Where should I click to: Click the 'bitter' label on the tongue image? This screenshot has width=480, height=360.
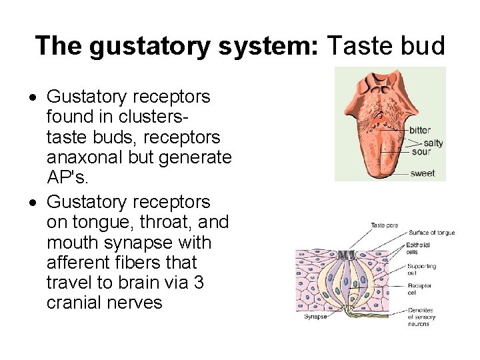(x=420, y=130)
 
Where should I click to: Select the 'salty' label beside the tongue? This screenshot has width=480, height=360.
(x=433, y=143)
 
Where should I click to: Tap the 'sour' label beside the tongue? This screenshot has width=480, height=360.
(x=421, y=151)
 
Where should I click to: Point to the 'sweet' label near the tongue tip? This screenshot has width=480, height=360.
(x=423, y=173)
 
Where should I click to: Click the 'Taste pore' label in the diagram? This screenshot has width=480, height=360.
(x=385, y=225)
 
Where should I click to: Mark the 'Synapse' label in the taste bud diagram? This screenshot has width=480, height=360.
(x=315, y=317)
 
